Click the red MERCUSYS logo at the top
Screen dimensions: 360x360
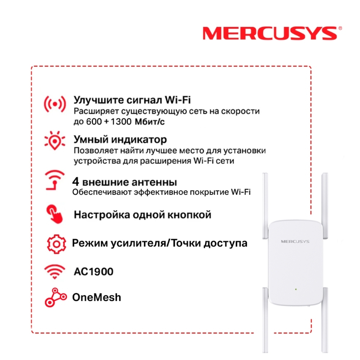pos(270,33)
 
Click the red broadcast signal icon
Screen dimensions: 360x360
pos(55,104)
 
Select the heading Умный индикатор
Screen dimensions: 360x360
pos(120,139)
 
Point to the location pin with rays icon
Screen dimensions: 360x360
pos(54,140)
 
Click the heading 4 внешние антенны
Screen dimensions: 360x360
pos(125,181)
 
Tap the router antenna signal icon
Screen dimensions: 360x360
pos(54,180)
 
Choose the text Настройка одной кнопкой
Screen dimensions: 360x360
pos(142,215)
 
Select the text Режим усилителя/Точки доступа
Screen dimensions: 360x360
pos(159,243)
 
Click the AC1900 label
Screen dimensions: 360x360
pos(93,271)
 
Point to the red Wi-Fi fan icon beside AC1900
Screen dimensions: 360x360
pos(54,272)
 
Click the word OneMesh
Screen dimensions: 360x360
pos(96,297)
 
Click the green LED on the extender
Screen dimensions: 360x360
pos(295,289)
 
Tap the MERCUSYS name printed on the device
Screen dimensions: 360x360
pos(295,241)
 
